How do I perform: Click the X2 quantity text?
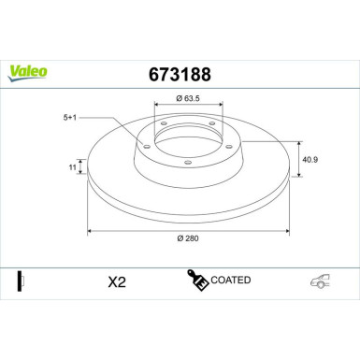coord(115,281)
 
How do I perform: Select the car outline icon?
coord(321,281)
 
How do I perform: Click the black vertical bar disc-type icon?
coord(21,280)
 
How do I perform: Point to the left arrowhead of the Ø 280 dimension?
coord(90,230)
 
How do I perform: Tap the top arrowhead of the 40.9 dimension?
coord(298,142)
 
